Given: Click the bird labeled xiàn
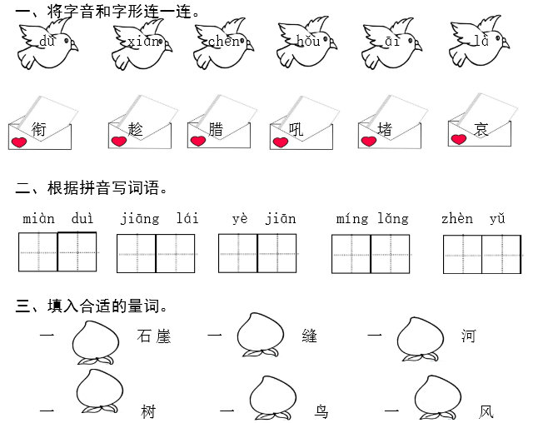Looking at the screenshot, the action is tap(142, 43).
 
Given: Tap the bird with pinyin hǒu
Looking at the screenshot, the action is tap(306, 42).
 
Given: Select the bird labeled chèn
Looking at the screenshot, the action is tap(223, 43).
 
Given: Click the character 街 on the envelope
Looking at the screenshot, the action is tap(38, 129).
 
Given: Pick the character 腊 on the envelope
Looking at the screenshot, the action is tap(216, 129).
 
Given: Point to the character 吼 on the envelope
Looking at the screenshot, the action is tap(296, 130).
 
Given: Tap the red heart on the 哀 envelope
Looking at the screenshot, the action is tap(459, 139).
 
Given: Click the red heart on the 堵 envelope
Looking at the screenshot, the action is tap(369, 141).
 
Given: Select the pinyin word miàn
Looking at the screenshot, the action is tap(39, 219).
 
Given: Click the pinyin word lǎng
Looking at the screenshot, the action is tap(393, 219).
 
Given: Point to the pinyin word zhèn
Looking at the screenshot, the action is tap(457, 219).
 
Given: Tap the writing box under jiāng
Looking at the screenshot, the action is tap(137, 254).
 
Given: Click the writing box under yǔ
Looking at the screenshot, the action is tap(501, 254).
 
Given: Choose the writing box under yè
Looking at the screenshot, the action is tap(238, 253).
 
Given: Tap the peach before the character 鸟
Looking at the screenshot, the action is tap(273, 398).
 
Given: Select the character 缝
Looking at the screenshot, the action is tap(310, 336).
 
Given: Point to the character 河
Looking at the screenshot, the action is tap(468, 336).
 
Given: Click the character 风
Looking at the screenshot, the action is tap(486, 412).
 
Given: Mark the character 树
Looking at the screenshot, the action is tap(148, 411).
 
